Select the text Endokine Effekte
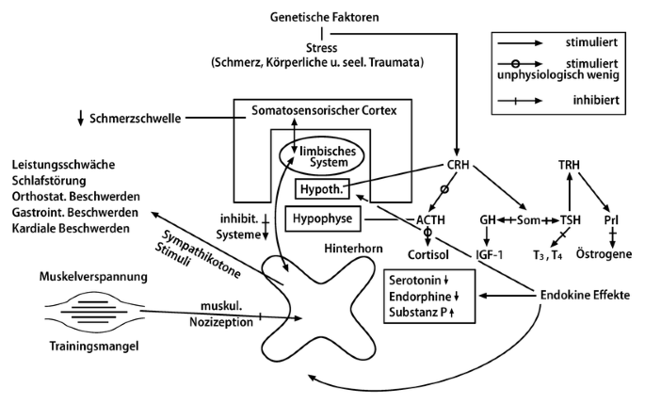582,295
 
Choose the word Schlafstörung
48,180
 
